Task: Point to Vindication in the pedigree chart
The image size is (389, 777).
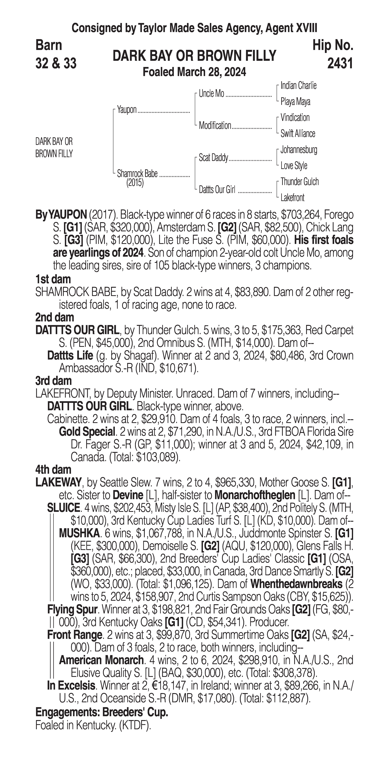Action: point(295,118)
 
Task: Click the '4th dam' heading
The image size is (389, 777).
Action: point(53,470)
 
